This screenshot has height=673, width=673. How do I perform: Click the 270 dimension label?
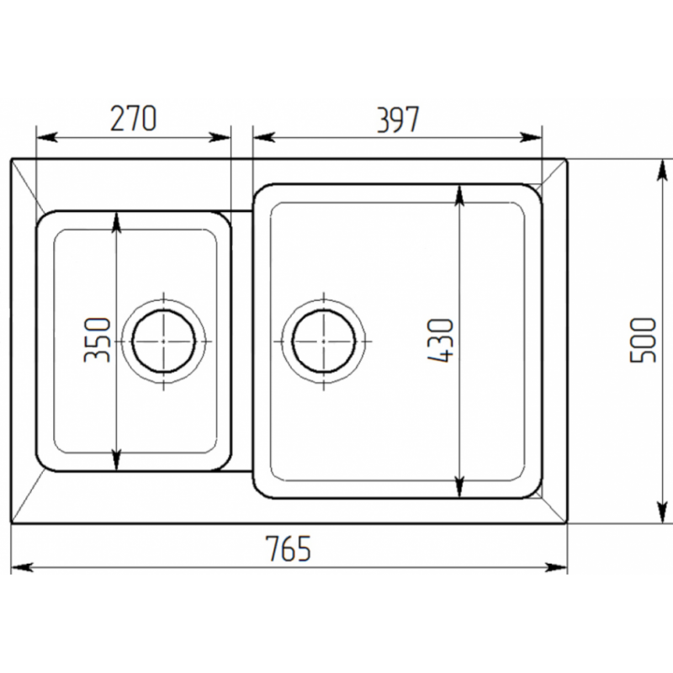[x=134, y=118]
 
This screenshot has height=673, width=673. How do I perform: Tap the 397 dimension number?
[x=398, y=119]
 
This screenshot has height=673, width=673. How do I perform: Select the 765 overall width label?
[x=288, y=548]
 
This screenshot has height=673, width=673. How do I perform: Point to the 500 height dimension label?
[x=643, y=340]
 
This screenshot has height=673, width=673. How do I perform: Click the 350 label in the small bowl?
[x=97, y=340]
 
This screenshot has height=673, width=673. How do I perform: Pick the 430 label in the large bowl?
[x=440, y=341]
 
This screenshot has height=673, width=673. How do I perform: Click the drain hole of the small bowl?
[x=163, y=342]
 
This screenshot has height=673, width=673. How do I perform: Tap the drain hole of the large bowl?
[x=324, y=342]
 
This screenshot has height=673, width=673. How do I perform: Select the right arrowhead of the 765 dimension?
[x=556, y=567]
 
